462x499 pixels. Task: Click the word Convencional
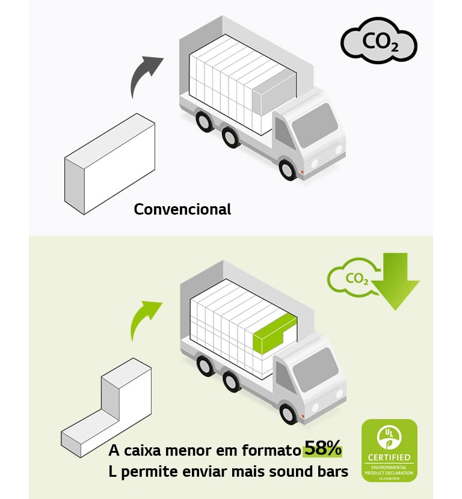click(x=182, y=209)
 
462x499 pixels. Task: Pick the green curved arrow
click(x=144, y=319)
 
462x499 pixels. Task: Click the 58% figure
click(x=323, y=448)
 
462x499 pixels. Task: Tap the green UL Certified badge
click(x=389, y=450)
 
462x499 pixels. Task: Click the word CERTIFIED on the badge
click(x=389, y=458)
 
